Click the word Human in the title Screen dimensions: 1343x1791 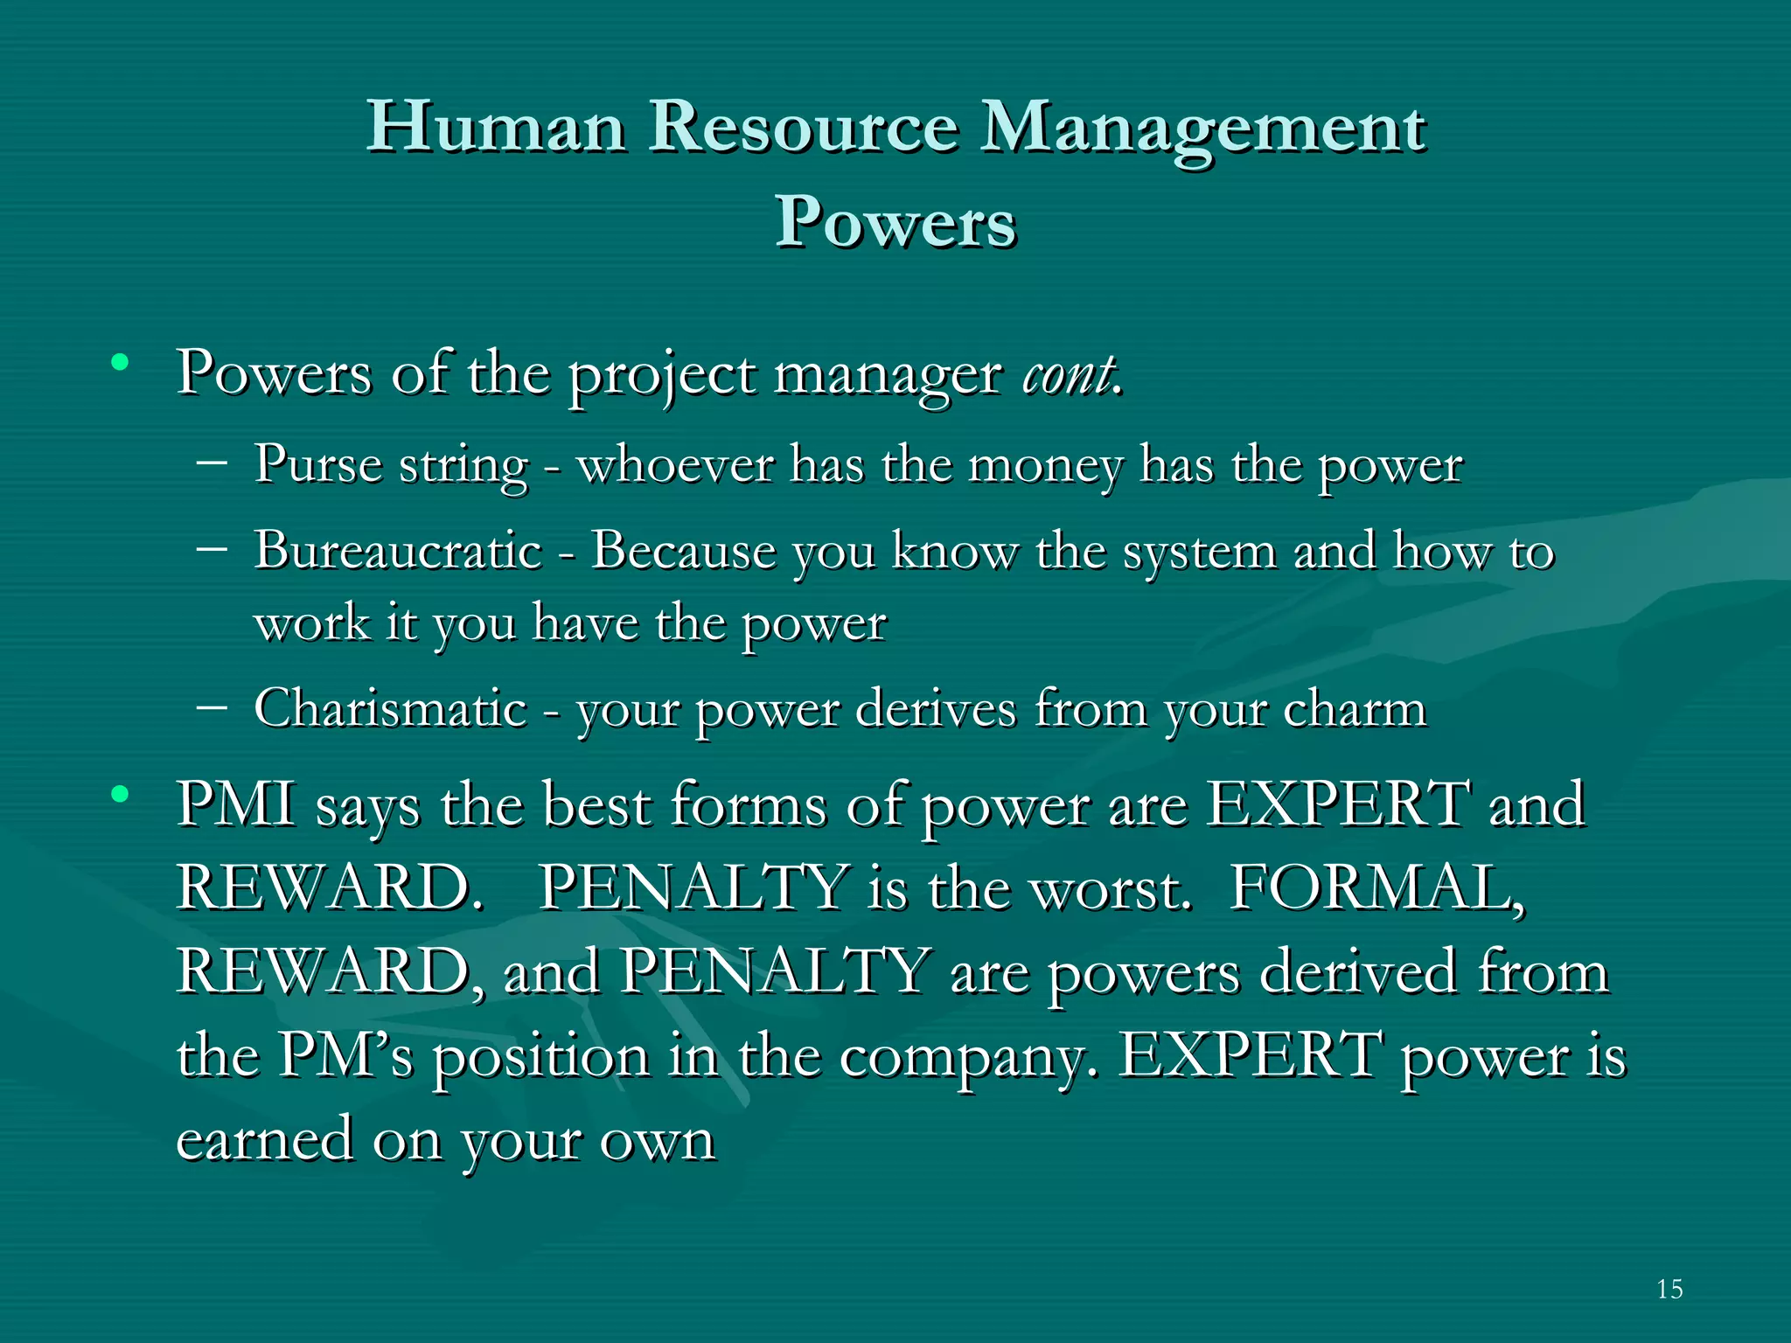496,127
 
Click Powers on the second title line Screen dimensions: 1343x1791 895,222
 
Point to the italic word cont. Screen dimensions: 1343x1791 1071,374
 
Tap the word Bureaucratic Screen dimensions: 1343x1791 399,551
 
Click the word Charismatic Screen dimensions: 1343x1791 390,707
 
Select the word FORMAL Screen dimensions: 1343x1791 1376,888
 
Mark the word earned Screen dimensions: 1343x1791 264,1140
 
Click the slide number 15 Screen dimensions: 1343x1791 1669,1289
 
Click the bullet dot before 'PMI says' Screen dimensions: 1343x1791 120,795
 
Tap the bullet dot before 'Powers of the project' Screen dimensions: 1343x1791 120,362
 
